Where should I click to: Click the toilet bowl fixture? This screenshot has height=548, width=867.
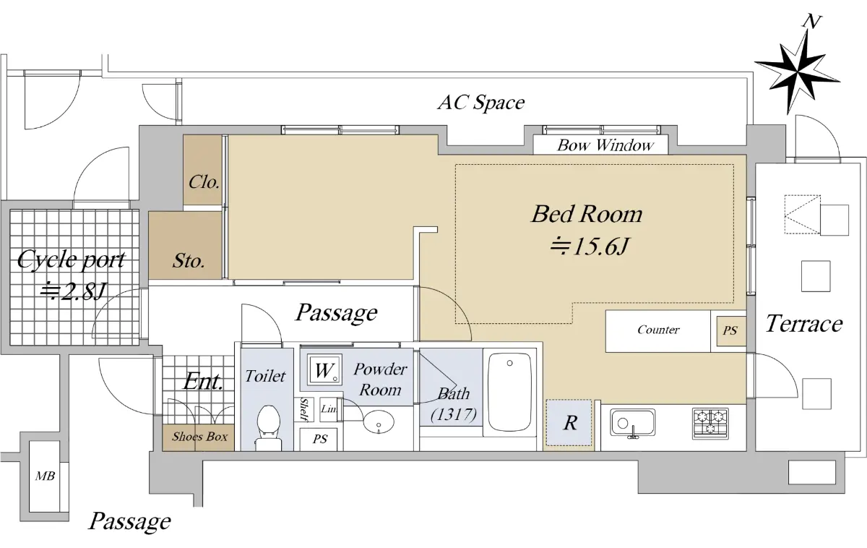[x=268, y=427]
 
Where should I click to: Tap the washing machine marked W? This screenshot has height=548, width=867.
[x=324, y=369]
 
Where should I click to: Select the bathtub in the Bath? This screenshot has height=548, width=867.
[x=510, y=392]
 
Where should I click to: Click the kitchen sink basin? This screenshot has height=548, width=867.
[x=632, y=422]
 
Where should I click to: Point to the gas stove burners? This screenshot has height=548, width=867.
[x=710, y=424]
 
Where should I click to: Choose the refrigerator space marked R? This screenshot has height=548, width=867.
[x=569, y=422]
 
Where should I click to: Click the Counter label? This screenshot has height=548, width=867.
[x=658, y=330]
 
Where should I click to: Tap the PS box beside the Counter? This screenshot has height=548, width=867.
[x=730, y=330]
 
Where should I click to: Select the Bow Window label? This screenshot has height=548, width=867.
[x=605, y=145]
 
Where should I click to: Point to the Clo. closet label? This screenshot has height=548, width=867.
[x=204, y=182]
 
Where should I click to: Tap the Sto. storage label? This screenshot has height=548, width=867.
[x=189, y=261]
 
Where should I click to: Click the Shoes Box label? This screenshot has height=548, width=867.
[x=199, y=437]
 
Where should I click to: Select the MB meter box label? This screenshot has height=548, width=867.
[x=45, y=476]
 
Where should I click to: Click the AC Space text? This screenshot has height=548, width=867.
[x=481, y=103]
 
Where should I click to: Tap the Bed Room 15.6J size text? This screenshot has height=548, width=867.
[x=589, y=246]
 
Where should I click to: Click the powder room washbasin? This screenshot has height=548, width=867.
[x=379, y=421]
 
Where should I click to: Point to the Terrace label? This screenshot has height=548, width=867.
[x=804, y=324]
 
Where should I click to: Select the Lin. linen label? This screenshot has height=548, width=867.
[x=329, y=408]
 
